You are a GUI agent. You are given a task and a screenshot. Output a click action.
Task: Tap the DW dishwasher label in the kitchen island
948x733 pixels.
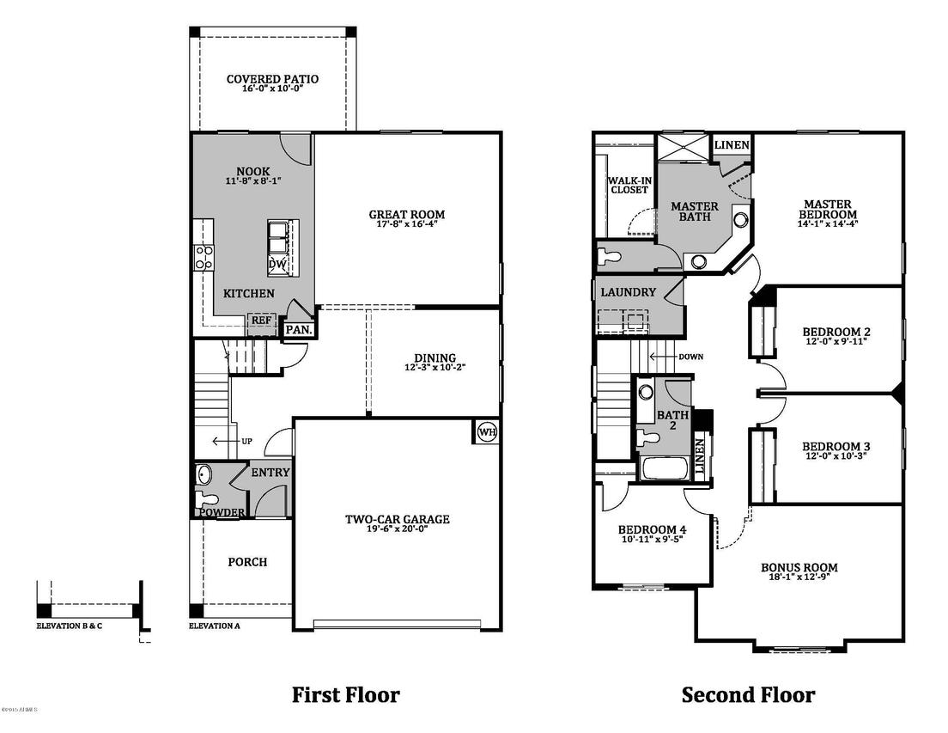tap(277, 265)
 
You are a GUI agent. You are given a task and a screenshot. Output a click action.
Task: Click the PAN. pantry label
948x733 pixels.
tap(298, 329)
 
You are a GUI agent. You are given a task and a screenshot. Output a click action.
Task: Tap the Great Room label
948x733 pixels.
tap(407, 215)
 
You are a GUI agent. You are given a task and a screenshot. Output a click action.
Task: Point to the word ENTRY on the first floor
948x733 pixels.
tap(270, 473)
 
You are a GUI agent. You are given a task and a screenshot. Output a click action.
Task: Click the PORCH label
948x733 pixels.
tap(247, 562)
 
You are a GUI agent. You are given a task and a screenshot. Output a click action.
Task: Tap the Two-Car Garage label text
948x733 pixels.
tap(397, 519)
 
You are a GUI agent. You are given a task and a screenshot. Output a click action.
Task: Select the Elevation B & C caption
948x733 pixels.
tap(69, 626)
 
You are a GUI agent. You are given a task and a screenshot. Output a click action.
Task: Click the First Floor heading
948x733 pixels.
tap(346, 694)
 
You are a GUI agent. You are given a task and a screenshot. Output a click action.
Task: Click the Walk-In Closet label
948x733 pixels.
tap(628, 186)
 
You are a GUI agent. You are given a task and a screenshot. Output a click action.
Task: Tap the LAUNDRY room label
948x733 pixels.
tap(628, 292)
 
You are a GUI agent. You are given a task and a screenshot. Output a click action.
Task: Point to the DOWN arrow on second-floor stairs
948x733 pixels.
tap(665, 357)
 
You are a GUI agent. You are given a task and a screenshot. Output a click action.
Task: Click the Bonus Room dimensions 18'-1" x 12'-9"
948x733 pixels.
tap(799, 579)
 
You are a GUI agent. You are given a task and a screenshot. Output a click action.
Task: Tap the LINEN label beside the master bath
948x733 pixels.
tap(732, 145)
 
